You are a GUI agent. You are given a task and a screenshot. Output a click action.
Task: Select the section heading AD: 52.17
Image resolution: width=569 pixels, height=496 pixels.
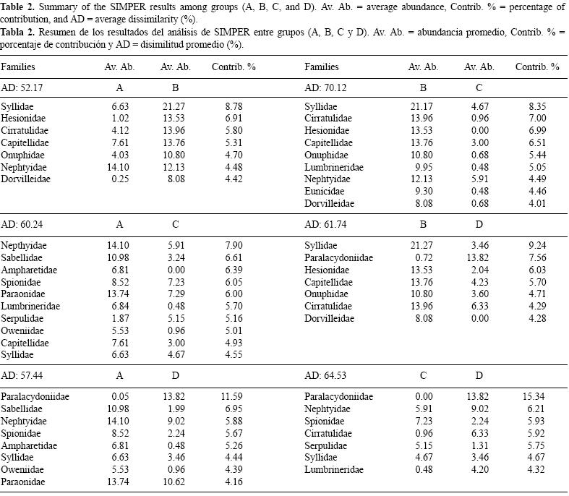(x=22, y=87)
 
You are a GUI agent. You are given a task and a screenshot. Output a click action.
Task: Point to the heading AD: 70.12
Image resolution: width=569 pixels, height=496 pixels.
(x=326, y=87)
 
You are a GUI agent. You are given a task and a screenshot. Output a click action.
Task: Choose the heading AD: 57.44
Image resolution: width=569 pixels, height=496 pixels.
(x=22, y=376)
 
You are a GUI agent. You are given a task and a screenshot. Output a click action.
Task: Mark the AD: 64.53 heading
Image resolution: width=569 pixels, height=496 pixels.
(x=326, y=376)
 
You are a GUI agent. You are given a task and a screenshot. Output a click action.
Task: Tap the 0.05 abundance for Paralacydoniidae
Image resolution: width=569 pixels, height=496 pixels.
(x=119, y=397)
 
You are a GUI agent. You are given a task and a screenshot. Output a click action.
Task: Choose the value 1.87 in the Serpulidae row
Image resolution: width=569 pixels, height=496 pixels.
(x=119, y=319)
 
